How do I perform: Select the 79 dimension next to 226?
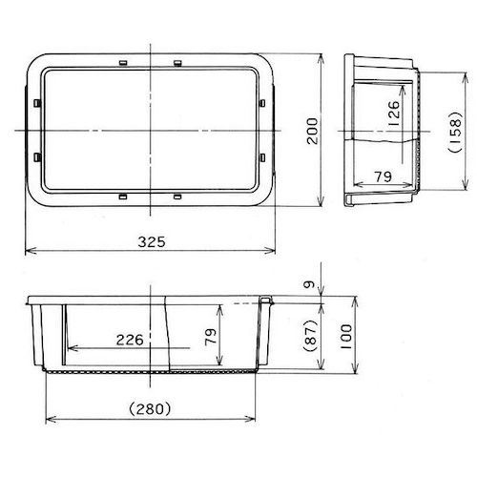click(213, 336)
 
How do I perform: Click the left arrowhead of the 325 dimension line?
click(26, 252)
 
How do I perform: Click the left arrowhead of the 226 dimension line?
click(68, 348)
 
